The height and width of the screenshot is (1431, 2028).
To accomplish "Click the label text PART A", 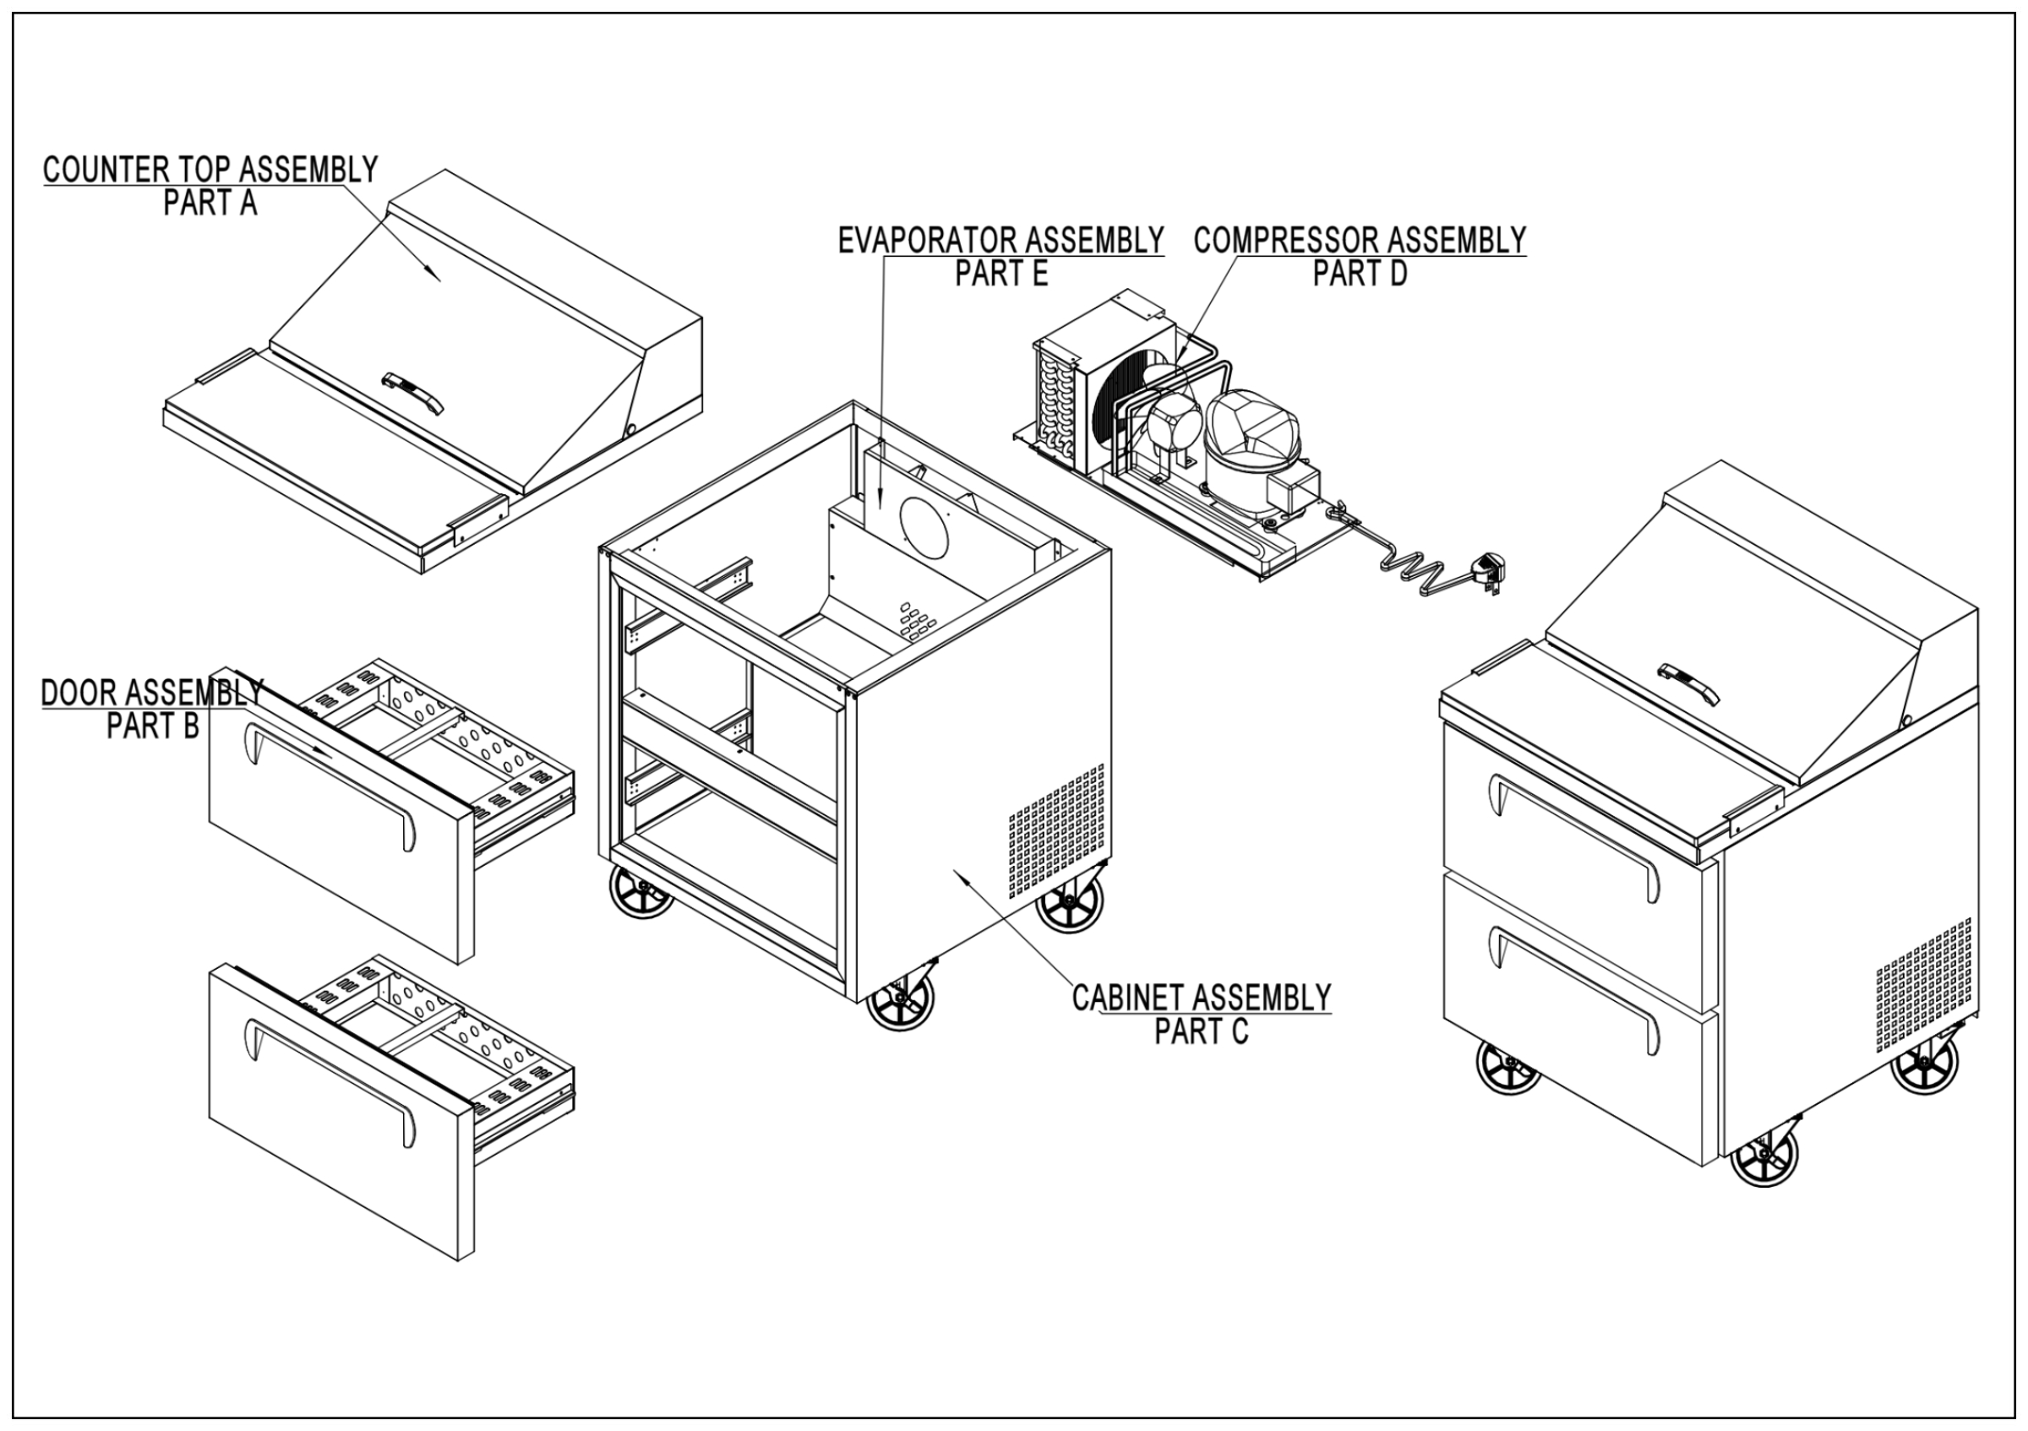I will click(210, 203).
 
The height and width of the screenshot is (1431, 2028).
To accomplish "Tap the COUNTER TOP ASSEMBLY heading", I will click(210, 170).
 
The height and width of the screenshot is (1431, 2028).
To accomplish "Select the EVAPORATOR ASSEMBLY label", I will click(1000, 240).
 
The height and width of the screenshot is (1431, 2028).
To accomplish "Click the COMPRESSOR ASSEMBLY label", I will click(1360, 240).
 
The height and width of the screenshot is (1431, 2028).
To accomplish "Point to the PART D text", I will click(1360, 275).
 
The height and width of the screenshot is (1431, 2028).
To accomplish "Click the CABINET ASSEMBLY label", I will click(1202, 998).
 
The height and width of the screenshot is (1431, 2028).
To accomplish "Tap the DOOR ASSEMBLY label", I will click(152, 692).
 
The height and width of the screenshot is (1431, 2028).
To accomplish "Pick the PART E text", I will click(1000, 275).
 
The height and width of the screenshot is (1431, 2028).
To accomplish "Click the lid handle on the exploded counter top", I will click(412, 392).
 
